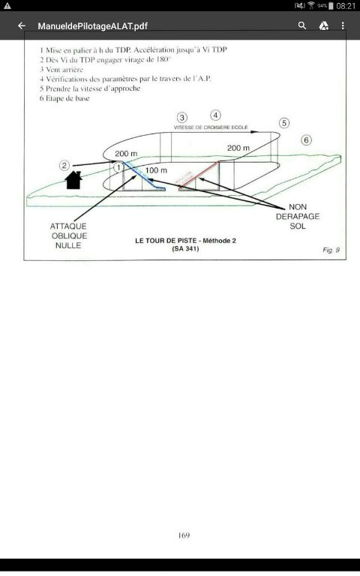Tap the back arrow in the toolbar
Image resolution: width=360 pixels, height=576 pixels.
[22, 25]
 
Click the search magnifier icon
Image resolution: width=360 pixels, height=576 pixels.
[302, 25]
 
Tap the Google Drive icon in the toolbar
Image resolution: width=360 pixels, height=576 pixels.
[323, 25]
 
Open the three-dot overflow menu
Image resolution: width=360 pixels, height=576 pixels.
[343, 25]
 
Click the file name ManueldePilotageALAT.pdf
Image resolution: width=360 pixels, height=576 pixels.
[92, 26]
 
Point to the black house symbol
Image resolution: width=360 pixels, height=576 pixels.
[73, 180]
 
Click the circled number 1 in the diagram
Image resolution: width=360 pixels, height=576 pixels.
[118, 168]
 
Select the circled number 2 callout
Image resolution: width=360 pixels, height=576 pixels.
[64, 166]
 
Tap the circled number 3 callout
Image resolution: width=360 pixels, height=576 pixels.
[181, 118]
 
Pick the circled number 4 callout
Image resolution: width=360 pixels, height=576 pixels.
[216, 115]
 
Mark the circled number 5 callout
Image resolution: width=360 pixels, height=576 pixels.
[284, 123]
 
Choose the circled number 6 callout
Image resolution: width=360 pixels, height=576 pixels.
[306, 140]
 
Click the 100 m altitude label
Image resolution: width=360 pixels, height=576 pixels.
[156, 170]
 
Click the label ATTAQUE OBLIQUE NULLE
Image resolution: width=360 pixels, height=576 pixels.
[69, 235]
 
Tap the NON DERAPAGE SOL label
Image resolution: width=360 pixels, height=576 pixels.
[298, 216]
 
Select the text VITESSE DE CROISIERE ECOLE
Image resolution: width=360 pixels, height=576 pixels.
[211, 127]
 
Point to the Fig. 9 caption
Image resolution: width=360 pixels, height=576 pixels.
[331, 250]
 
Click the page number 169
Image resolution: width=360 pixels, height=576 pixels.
[184, 535]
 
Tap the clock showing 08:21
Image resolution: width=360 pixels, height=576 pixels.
[346, 6]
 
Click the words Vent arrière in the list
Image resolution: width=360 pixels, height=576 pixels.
[64, 70]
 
